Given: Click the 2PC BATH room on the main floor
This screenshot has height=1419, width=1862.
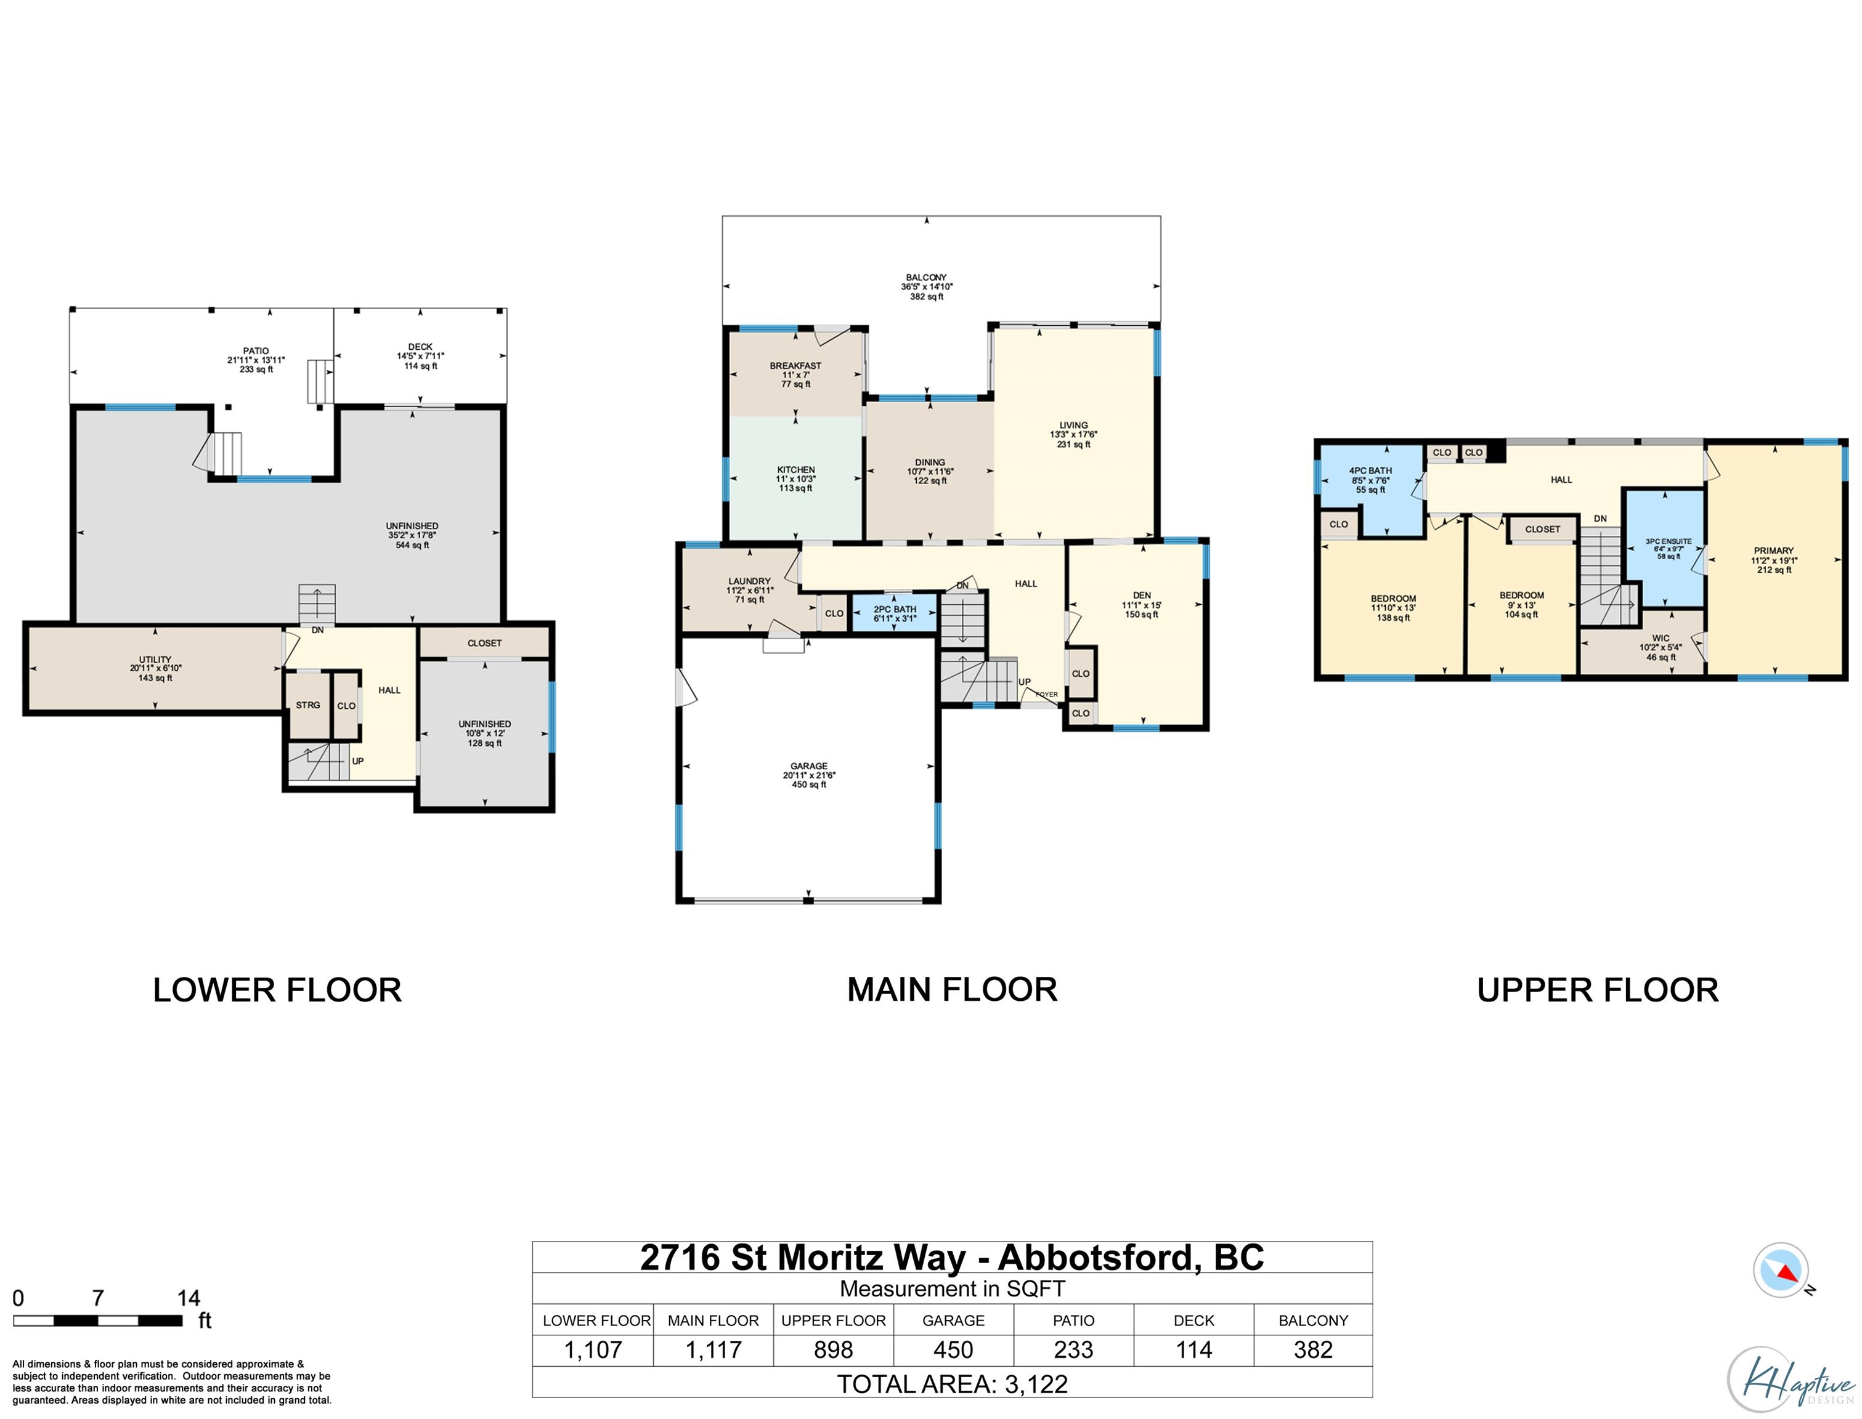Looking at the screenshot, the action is coord(895,613).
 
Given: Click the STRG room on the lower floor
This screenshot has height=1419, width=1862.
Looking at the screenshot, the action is coord(307,705).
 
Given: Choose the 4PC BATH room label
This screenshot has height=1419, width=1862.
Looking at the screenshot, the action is coord(1370,471).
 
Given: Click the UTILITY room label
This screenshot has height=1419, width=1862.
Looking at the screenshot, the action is coord(155,660).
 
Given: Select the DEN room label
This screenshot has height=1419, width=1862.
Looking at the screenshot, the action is coord(1141,596).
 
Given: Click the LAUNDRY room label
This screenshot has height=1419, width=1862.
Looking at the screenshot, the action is coord(749,581).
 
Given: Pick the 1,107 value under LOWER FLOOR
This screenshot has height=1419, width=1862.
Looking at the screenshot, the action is coord(593,1350).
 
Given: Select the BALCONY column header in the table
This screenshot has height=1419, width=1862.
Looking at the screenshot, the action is coord(1313,1320).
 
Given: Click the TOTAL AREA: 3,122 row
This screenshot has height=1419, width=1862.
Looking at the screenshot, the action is coord(952,1383).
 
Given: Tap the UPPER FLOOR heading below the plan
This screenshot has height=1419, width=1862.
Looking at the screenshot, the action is coord(1598,990).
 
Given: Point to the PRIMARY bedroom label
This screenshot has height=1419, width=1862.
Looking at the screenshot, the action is coord(1773,550).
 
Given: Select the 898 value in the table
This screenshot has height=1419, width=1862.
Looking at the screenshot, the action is coord(833,1350).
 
